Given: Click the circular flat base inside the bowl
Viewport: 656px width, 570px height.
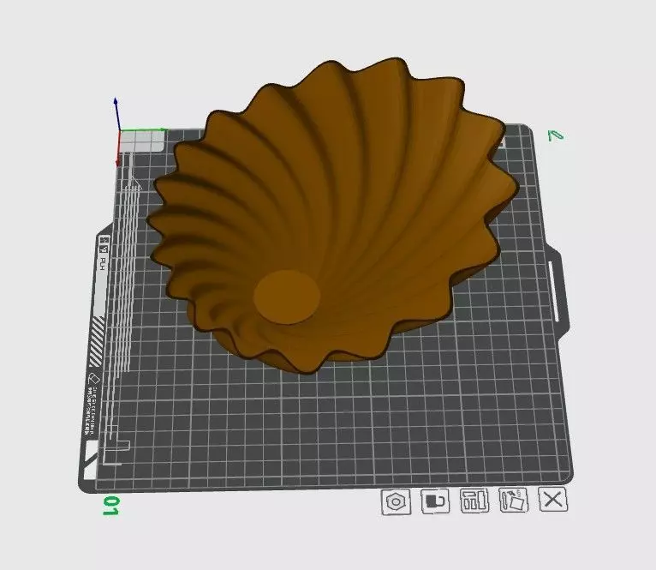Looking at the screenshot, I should [x=287, y=297].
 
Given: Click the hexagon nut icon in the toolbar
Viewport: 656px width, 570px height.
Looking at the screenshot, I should [x=395, y=501].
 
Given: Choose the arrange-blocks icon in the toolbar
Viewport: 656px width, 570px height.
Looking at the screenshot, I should [x=474, y=501].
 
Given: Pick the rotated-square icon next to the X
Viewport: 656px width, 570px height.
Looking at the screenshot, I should [x=514, y=501].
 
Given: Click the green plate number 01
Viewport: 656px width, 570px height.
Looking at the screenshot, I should [x=110, y=505].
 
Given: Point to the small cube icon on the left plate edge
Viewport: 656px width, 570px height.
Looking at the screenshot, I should [x=92, y=377].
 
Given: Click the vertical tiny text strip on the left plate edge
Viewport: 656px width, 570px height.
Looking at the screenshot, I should [x=89, y=402].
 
